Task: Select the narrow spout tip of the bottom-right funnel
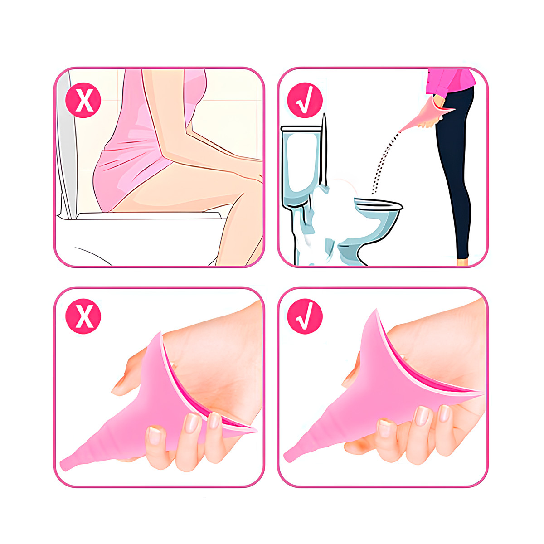click(x=290, y=456)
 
